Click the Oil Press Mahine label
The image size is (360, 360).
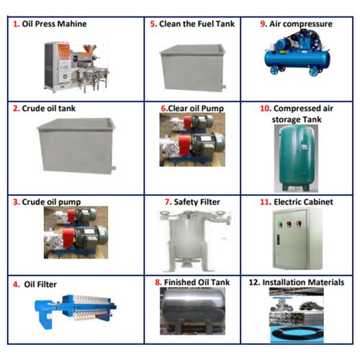[x=53, y=24]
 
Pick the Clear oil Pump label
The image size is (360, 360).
[x=194, y=109]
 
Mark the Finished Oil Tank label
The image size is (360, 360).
[x=199, y=283]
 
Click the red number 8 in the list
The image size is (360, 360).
[x=158, y=283]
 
